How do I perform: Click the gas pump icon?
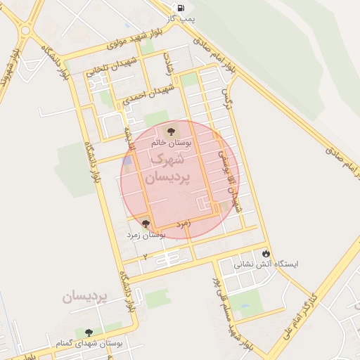[182, 8]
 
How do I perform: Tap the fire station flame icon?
[266, 253]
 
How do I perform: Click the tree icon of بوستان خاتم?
[171, 131]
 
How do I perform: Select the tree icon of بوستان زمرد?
[145, 224]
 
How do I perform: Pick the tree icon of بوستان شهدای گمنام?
[89, 332]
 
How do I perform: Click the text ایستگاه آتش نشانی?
[266, 265]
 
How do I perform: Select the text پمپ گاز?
[182, 20]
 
